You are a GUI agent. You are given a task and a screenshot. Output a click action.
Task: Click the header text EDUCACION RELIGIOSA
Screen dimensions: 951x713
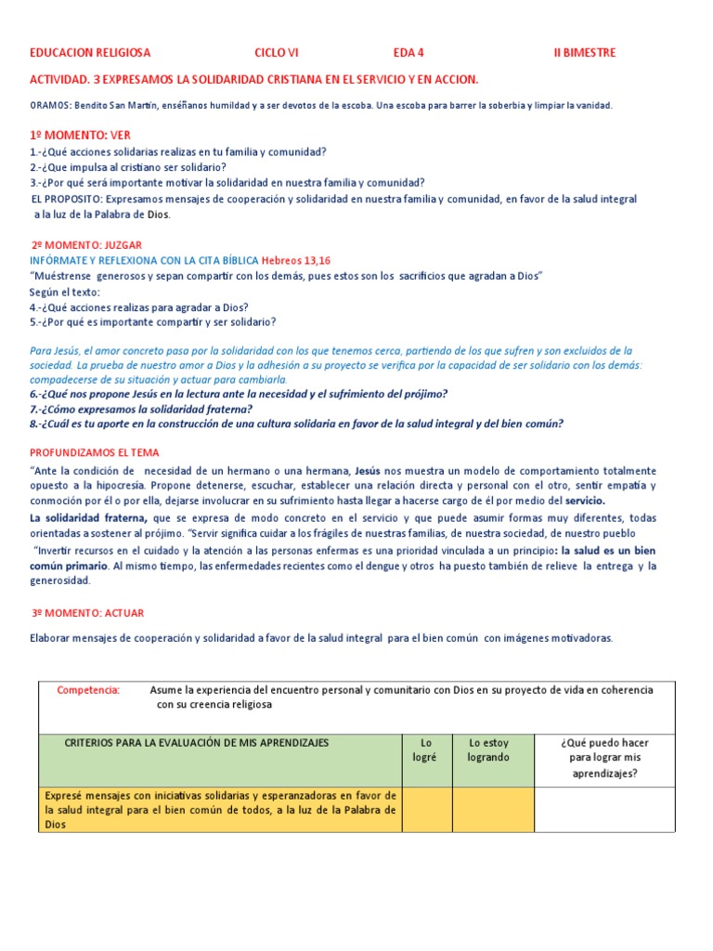[x=90, y=53]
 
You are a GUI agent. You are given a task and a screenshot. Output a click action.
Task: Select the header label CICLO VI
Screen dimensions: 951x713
[x=277, y=53]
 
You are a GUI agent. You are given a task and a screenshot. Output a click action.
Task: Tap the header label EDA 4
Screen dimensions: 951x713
[x=408, y=53]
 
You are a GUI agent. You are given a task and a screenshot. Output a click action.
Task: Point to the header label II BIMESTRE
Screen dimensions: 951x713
[x=585, y=53]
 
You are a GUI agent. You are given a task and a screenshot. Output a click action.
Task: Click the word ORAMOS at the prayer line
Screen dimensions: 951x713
[x=50, y=106]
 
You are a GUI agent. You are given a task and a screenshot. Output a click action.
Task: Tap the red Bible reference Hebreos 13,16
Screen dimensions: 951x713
[x=294, y=260]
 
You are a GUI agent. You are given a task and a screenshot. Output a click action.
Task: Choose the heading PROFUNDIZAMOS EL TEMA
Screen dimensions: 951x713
[x=95, y=452]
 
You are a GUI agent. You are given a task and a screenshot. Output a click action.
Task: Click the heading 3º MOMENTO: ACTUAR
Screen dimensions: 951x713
[x=88, y=613]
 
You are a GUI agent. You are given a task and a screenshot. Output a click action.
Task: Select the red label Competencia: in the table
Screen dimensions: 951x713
[x=88, y=690]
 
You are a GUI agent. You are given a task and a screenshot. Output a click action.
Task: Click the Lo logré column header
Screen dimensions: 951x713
[x=427, y=750]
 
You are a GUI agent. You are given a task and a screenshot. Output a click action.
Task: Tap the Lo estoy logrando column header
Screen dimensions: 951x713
[x=488, y=750]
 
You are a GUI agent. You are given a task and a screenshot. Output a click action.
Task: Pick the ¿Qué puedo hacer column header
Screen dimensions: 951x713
[x=604, y=757]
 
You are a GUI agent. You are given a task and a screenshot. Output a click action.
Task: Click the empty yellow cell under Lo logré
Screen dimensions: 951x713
[x=427, y=810]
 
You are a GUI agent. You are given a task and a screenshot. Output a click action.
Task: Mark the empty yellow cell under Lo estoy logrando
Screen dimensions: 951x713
[x=493, y=810]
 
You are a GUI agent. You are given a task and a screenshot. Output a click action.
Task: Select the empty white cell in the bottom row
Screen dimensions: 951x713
[x=604, y=810]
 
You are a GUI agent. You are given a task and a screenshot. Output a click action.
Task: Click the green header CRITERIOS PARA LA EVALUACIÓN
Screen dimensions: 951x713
[x=196, y=743]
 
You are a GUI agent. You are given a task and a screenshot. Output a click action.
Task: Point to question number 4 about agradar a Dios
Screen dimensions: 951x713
[x=139, y=307]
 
